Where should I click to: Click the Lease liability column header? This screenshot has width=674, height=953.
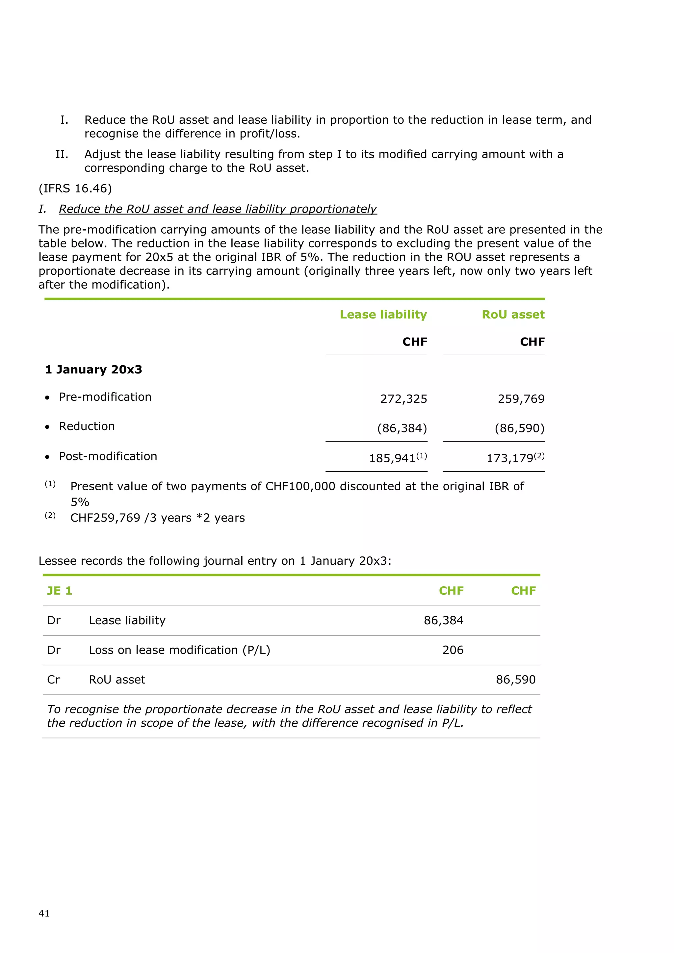(383, 315)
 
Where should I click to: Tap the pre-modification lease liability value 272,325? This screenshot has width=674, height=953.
(403, 399)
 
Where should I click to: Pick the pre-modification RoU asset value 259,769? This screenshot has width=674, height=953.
(521, 399)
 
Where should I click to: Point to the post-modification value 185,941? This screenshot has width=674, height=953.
(392, 458)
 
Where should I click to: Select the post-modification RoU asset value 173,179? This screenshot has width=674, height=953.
(510, 458)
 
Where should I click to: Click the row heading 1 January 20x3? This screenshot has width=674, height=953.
(93, 370)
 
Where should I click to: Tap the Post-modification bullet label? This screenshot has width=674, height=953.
(108, 456)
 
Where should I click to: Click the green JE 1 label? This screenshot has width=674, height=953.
(59, 591)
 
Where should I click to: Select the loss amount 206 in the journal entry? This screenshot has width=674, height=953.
(453, 650)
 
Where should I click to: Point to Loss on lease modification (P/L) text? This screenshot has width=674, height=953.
(179, 650)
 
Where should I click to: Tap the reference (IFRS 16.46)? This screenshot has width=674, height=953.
(75, 189)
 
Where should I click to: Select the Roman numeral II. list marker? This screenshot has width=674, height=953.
(62, 154)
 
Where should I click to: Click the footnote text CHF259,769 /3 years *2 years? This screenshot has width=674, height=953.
(157, 518)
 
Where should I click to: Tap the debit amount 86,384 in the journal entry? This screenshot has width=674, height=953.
(443, 621)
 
